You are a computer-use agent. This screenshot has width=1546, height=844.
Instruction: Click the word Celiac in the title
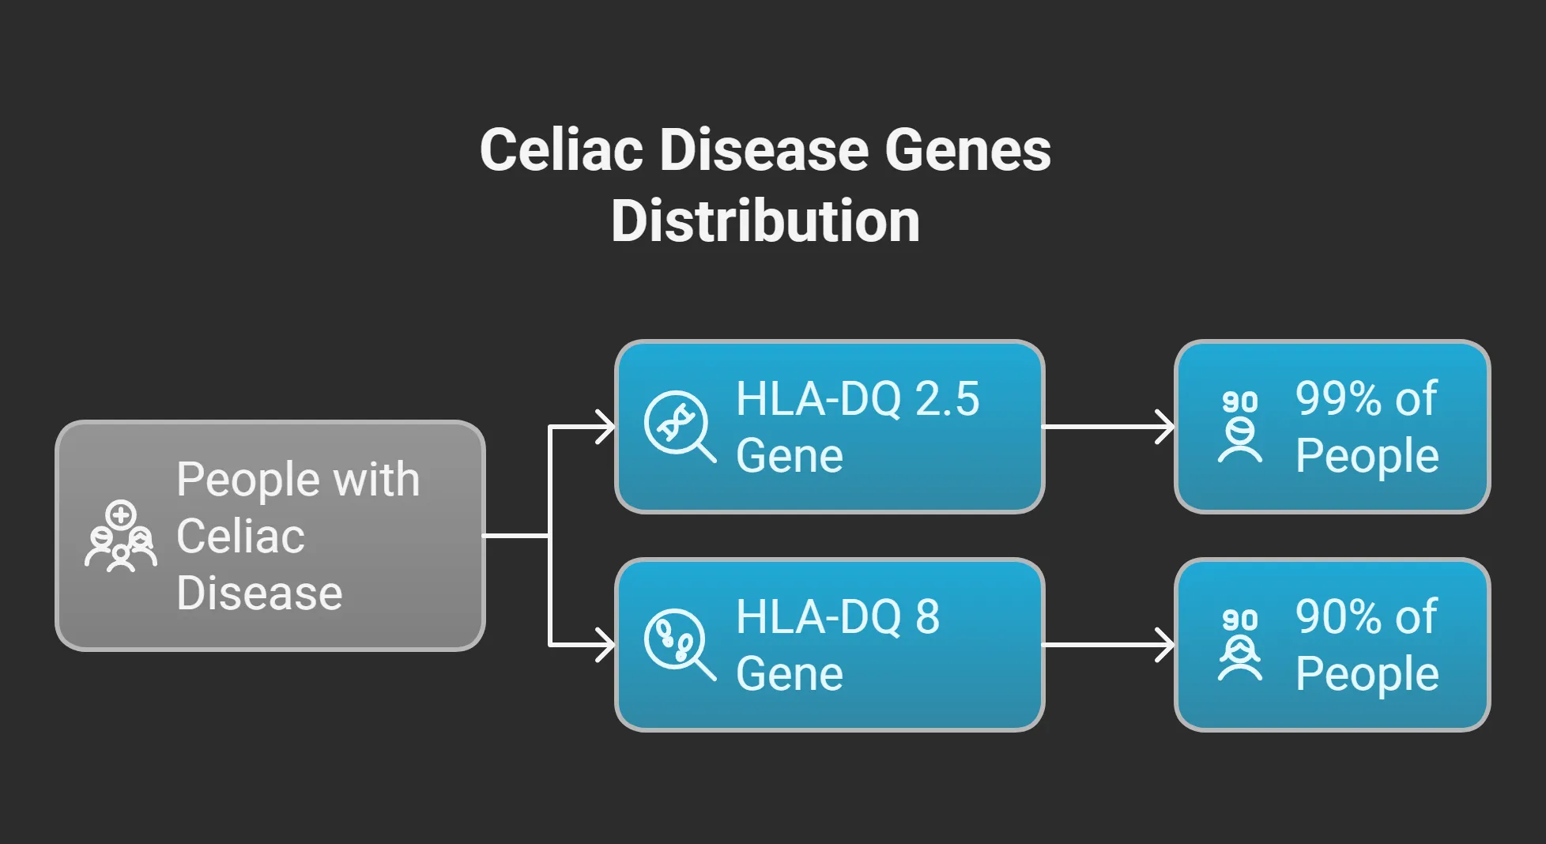[x=560, y=150]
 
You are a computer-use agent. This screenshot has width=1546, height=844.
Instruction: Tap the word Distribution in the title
[x=765, y=220]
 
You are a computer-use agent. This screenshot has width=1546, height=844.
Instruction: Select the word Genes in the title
[x=967, y=150]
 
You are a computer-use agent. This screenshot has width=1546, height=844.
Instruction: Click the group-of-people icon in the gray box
[x=121, y=537]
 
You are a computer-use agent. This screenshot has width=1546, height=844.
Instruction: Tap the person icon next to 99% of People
[x=1239, y=428]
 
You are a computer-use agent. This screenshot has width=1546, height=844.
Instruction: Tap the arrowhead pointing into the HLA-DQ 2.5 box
[x=605, y=427]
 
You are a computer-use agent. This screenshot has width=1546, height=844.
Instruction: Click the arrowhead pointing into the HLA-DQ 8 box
[x=605, y=645]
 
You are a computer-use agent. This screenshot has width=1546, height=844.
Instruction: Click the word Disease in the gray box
[x=259, y=593]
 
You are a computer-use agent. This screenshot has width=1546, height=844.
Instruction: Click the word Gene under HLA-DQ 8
[x=789, y=674]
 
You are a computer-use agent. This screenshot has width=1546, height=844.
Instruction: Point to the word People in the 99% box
[x=1367, y=456]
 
